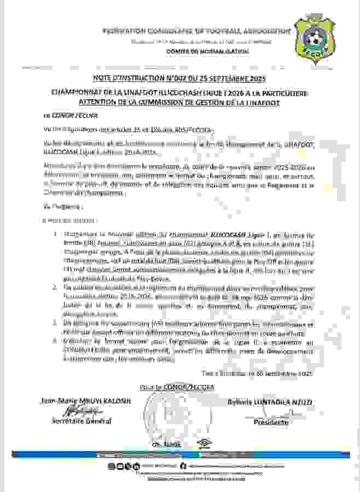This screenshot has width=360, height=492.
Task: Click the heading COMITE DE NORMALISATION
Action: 208,51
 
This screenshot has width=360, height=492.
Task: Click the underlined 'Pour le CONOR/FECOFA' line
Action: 170,388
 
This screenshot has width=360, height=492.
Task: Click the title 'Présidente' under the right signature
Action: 271,423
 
